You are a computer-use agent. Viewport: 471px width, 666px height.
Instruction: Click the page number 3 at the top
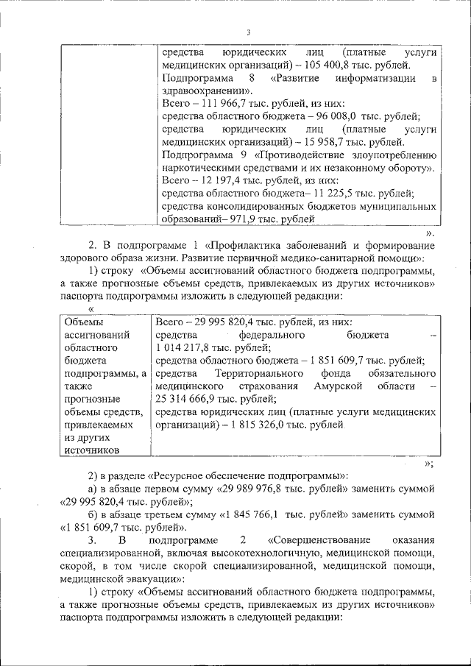(x=249, y=32)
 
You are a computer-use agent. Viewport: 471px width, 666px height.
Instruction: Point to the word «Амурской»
(x=334, y=386)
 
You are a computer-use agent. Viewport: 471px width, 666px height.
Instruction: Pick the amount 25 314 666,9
(x=189, y=400)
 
